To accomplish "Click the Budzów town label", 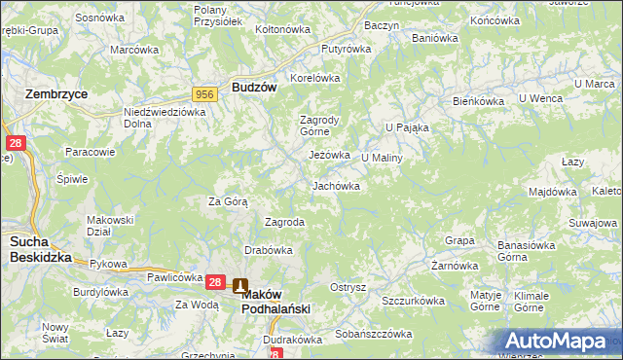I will pos(255,87).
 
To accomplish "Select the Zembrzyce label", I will pos(56,94).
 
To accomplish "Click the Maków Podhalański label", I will pos(275,300).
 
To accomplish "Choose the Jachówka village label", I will pos(336,186).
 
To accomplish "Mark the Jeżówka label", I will pos(329,155).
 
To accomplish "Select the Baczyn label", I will pos(381,24).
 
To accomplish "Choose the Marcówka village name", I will pos(134,50).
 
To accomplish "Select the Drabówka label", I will pos(269,250).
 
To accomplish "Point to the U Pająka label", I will pos(407,127).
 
